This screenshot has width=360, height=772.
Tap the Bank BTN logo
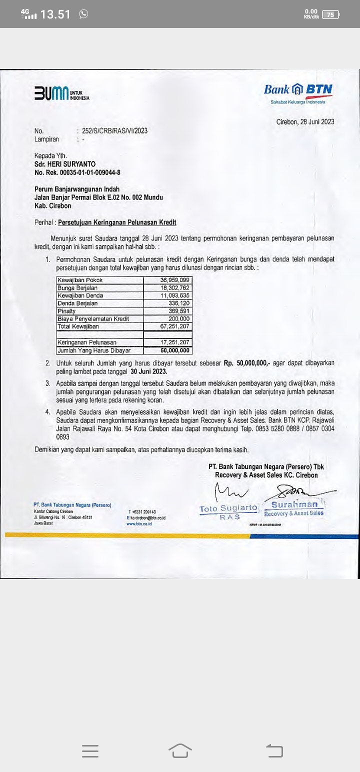(x=298, y=90)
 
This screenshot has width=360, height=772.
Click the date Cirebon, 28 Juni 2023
(x=305, y=121)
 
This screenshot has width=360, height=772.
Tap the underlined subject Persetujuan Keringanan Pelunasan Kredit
(x=117, y=222)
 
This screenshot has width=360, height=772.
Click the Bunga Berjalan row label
(x=77, y=287)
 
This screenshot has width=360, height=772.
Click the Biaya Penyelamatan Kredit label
(x=93, y=318)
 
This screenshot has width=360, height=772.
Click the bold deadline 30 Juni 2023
(x=149, y=371)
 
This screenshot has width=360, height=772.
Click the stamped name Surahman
(x=294, y=504)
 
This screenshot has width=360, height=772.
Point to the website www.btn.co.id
(x=139, y=523)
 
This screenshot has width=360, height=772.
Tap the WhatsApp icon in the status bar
(x=83, y=14)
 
